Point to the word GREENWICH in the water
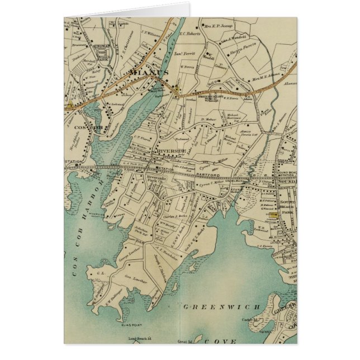221,306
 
